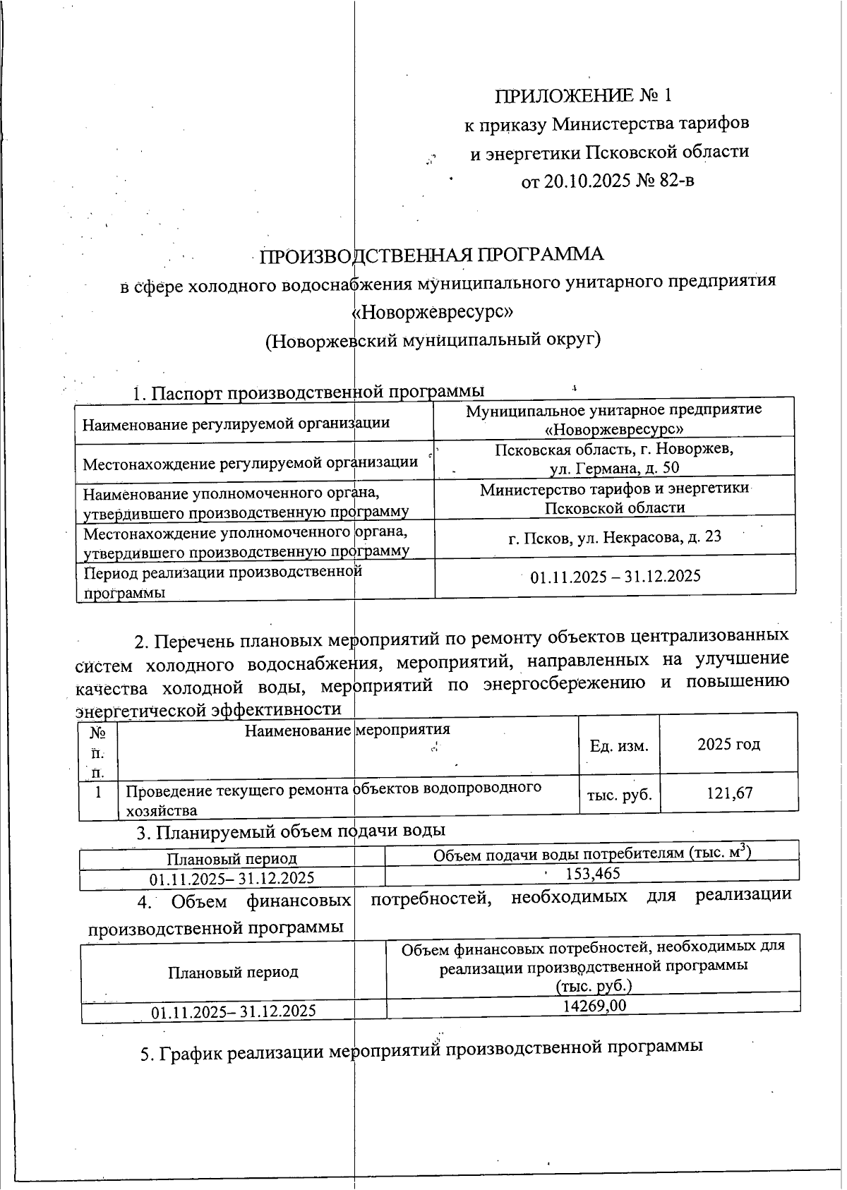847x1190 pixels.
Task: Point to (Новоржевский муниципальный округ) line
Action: point(432,340)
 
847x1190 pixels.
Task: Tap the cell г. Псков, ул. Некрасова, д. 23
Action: point(614,537)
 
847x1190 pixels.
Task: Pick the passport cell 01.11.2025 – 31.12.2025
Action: point(615,577)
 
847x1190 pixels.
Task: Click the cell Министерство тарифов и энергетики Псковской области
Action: point(614,498)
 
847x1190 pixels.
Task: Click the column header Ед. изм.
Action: point(618,745)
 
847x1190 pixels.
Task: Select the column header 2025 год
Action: point(728,745)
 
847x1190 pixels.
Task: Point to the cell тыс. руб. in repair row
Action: point(618,795)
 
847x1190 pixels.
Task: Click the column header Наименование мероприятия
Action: point(347,731)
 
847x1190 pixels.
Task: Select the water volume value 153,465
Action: point(593,874)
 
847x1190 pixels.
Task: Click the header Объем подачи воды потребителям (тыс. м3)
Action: point(591,853)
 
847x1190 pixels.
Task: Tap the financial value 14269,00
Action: point(594,1006)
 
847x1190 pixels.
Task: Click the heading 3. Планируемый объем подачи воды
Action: point(290,832)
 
